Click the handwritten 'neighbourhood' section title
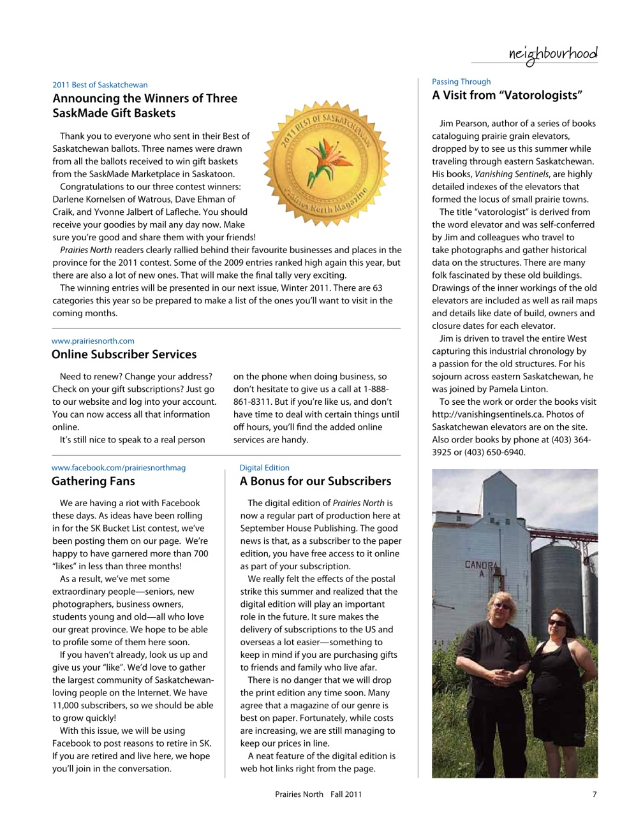[552, 54]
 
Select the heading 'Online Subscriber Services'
[124, 354]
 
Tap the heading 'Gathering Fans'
[93, 481]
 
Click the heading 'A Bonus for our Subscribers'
[315, 481]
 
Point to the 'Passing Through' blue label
[461, 82]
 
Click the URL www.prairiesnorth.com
[92, 341]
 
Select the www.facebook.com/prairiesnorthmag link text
[119, 468]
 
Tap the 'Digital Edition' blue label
[264, 468]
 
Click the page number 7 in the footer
[595, 794]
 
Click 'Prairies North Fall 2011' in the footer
[318, 794]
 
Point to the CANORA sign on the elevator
[479, 565]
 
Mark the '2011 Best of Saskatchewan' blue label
[100, 85]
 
